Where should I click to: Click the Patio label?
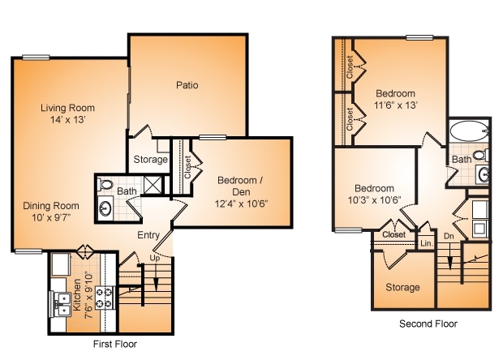click(187, 85)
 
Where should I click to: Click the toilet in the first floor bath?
click(106, 186)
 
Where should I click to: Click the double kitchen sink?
click(62, 303)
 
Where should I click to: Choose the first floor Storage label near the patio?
click(150, 160)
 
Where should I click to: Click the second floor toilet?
click(479, 155)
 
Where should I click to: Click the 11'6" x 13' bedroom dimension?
click(395, 105)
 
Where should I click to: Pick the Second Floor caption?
click(428, 324)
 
